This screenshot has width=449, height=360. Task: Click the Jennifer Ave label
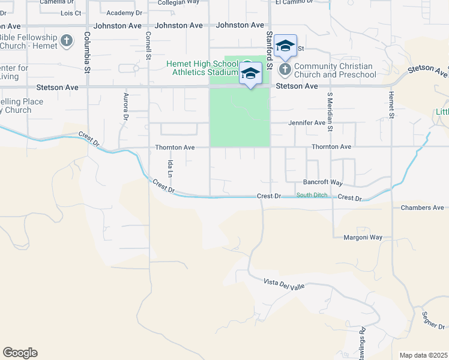[307, 122]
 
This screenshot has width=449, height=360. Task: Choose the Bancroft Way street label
[323, 182]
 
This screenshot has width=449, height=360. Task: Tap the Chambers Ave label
[423, 208]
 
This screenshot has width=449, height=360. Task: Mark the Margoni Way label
[363, 238]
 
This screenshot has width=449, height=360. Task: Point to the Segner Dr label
[433, 320]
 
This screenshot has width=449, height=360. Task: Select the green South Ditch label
[312, 195]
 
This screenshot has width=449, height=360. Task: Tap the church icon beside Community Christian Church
[285, 70]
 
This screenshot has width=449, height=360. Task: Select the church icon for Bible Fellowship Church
[66, 41]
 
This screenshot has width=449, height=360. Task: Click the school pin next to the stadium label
[250, 74]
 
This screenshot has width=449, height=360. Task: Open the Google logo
[20, 353]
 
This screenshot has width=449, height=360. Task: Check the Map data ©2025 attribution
[423, 355]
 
